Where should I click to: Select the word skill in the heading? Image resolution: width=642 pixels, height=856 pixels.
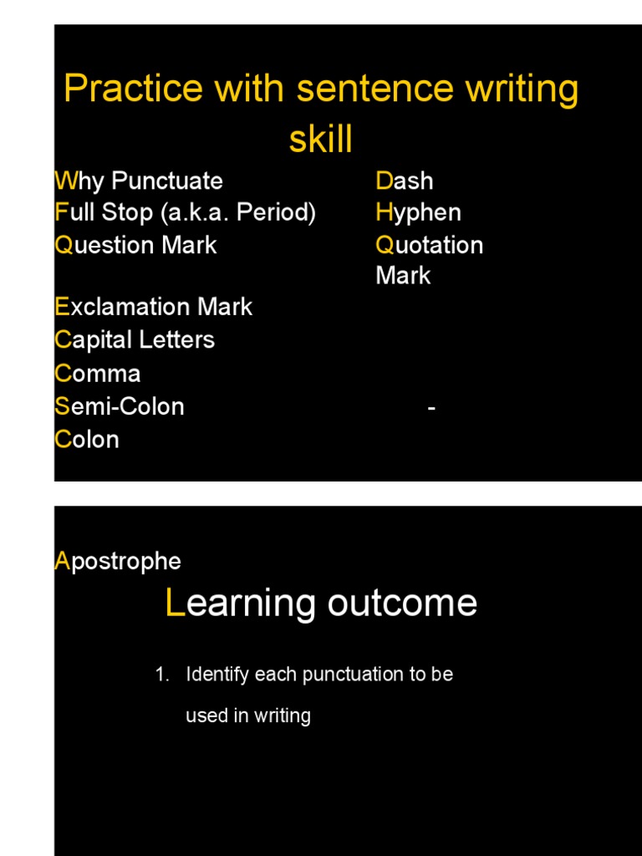point(320,140)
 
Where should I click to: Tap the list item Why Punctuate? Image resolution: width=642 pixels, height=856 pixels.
point(139,181)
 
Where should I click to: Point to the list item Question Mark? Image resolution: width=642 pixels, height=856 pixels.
point(135,245)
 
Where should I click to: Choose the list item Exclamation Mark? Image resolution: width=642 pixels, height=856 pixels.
point(153,307)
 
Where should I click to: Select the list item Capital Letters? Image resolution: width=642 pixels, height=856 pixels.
point(135,340)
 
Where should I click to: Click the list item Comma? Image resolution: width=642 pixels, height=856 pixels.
point(98,374)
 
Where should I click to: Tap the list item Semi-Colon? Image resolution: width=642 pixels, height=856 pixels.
point(120,407)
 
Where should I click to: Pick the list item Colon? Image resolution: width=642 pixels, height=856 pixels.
point(87,440)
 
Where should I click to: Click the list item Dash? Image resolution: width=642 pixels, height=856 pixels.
point(405,181)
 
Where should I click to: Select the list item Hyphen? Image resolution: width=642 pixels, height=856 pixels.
point(418,212)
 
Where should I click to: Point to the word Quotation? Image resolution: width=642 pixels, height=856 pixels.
point(430,245)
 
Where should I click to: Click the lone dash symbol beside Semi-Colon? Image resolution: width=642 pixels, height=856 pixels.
point(431,408)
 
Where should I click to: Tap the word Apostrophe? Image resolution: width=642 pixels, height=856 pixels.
point(118,561)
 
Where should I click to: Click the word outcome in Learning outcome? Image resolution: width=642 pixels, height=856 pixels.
point(402,604)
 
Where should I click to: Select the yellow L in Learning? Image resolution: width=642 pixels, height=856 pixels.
point(174,604)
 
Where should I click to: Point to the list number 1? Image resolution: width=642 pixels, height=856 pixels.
point(161,675)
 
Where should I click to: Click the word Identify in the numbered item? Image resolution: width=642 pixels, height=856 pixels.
point(217,675)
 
